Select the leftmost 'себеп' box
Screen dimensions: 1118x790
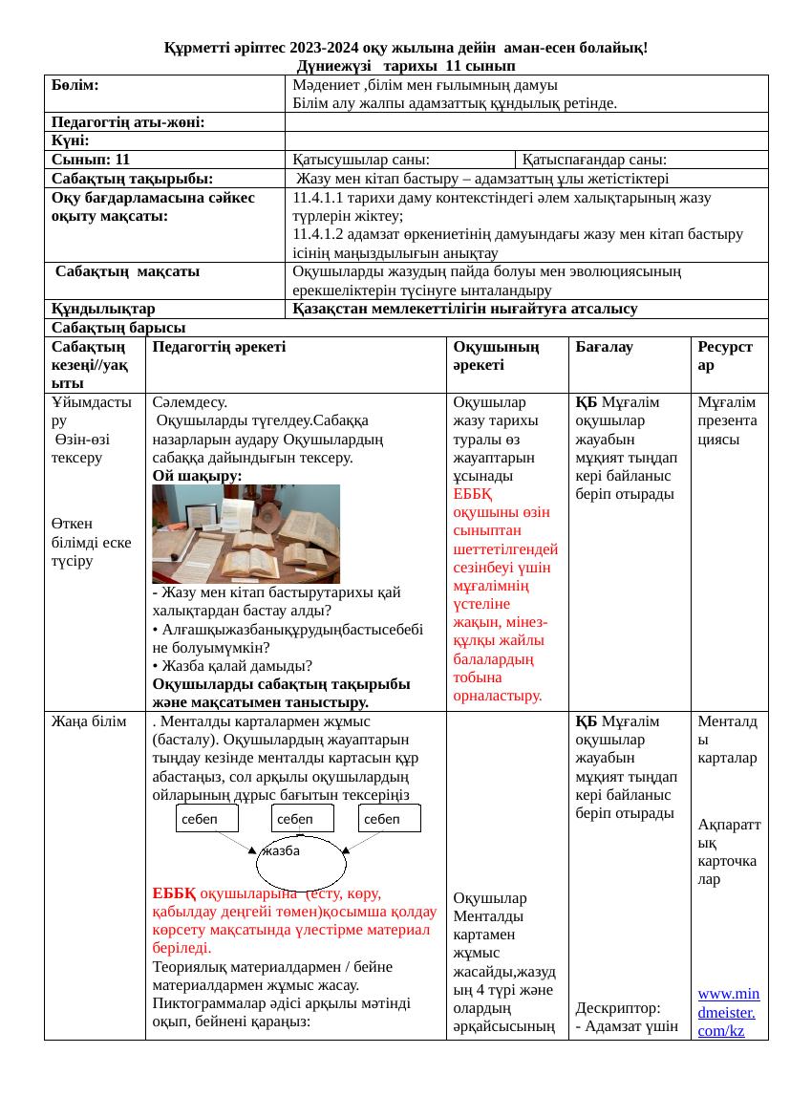click(207, 819)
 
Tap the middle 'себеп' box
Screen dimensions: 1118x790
click(302, 819)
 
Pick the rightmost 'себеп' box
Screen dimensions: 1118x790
click(390, 819)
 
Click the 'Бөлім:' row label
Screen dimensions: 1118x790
click(76, 84)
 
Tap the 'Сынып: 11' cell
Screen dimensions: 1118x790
click(91, 160)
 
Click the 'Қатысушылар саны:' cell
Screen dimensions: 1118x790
click(360, 160)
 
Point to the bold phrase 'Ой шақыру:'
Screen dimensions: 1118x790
click(197, 475)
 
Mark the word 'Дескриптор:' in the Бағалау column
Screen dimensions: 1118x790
click(612, 1008)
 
